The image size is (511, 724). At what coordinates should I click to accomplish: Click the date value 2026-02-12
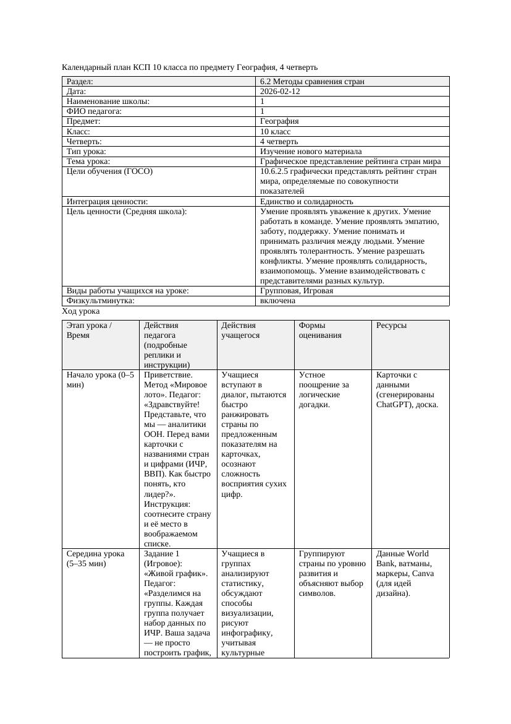[x=281, y=92]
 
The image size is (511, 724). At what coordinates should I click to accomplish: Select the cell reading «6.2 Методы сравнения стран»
[x=312, y=82]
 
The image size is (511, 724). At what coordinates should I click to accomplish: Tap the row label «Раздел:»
[x=80, y=82]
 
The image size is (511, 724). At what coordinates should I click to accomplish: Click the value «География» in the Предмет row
[x=279, y=121]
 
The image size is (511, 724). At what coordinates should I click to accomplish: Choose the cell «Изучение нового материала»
[x=311, y=152]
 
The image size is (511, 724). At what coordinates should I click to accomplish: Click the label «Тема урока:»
[x=88, y=162]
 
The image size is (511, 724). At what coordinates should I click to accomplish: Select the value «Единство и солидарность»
[x=306, y=202]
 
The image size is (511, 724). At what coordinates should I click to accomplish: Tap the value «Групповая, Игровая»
[x=297, y=291]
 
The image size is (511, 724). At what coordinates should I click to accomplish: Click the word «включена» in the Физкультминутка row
[x=277, y=301]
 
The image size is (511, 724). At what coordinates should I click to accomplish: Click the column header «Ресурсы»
[x=391, y=325]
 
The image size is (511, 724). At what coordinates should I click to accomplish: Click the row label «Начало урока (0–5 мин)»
[x=99, y=380]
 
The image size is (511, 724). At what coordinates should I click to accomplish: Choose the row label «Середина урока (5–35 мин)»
[x=96, y=559]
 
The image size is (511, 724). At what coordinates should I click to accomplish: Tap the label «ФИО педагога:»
[x=94, y=111]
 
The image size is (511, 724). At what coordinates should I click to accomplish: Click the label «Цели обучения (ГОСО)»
[x=109, y=171]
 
